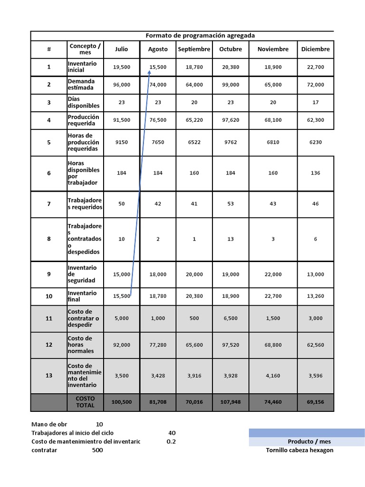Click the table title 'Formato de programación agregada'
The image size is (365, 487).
coord(200,36)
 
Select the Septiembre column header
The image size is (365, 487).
coord(194,49)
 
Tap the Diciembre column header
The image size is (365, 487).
coord(316,49)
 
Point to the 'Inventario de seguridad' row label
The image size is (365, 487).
coord(82,274)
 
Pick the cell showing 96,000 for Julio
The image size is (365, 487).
coord(122,85)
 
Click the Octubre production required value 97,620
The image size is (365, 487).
coord(231,120)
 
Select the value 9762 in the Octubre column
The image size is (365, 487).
coord(231,142)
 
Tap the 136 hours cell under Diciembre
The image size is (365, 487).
coord(316,173)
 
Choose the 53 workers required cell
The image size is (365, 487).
coord(231,204)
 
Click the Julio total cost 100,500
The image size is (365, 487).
coord(122,402)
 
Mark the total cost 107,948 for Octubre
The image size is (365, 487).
coord(231,402)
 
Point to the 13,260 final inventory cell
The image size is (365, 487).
coord(316,296)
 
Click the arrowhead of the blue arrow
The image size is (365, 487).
coord(150,72)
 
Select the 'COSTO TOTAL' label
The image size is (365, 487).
coord(86,402)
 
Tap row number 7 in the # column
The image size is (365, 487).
coord(49,204)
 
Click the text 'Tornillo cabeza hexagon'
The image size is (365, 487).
coord(299,450)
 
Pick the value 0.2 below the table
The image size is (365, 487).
coord(171,442)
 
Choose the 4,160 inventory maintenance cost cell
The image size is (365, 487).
coord(273,376)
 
